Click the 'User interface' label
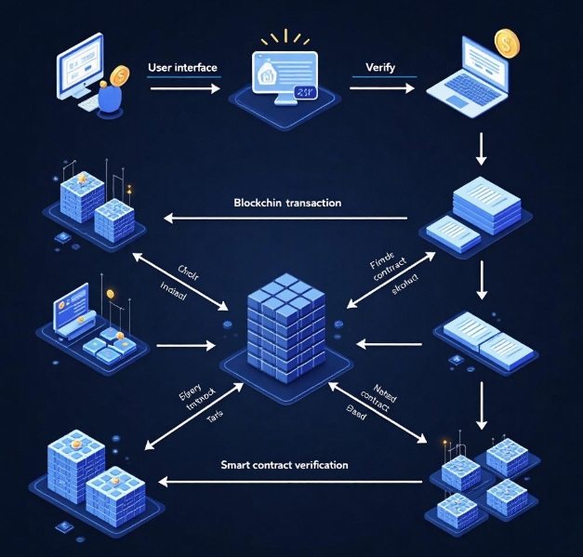[182, 68]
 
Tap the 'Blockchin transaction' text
[287, 202]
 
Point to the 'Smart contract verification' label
[285, 463]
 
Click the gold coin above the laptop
[507, 43]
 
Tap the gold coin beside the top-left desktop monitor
[119, 75]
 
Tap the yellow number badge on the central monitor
[304, 91]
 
